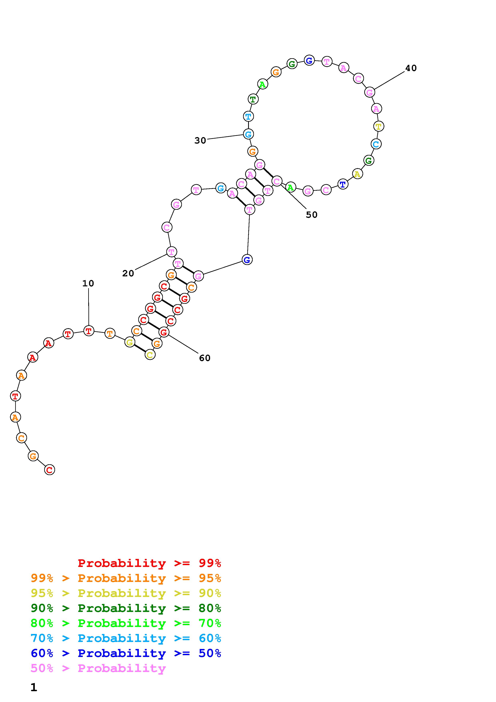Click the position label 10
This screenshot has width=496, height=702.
pyautogui.click(x=88, y=283)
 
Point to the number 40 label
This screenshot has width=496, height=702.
pyautogui.click(x=411, y=68)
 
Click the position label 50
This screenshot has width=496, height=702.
pyautogui.click(x=312, y=215)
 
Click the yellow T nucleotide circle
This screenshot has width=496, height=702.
pyautogui.click(x=379, y=126)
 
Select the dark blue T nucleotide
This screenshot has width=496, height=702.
pyautogui.click(x=343, y=184)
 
